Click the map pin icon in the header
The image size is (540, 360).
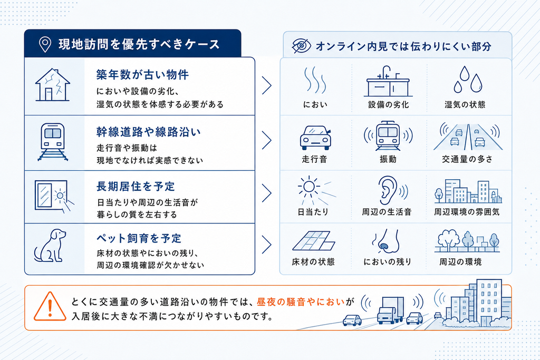point(45,44)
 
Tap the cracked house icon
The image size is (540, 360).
point(52,85)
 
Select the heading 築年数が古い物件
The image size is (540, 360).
point(142,75)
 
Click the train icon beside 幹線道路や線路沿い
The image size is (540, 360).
point(53,142)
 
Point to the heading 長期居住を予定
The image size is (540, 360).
point(136,187)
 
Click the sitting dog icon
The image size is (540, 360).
point(50,246)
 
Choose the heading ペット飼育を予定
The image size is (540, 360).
point(139,238)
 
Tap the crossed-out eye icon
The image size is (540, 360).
point(301,46)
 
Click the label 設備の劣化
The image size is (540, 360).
point(389,105)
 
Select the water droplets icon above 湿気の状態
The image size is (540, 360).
point(468,79)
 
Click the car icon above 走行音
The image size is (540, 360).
point(315,138)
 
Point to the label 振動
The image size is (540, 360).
point(388,159)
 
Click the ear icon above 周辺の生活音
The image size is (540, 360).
point(391,190)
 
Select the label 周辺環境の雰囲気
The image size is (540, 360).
point(467,212)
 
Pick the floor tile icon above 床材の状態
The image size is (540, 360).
point(313,240)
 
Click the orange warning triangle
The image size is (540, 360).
point(50,306)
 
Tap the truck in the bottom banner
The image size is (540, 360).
point(391,310)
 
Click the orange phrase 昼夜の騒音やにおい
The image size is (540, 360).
point(301,302)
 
